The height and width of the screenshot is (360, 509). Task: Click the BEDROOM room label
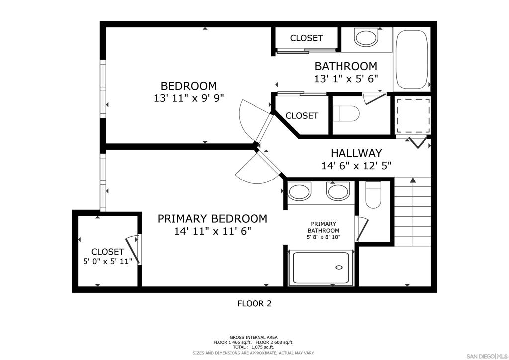[188, 86]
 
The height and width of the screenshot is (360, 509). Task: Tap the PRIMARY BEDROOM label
[212, 219]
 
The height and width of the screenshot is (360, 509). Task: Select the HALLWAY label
[356, 153]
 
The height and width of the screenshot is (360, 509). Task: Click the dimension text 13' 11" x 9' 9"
[189, 98]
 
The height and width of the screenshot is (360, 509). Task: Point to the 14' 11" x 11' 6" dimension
[213, 231]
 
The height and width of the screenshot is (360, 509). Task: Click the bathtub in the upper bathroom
[412, 59]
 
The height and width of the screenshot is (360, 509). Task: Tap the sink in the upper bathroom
[366, 37]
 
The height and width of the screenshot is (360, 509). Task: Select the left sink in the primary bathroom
[299, 192]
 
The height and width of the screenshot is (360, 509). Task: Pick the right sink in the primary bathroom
[338, 192]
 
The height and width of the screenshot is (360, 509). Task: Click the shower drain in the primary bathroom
[339, 267]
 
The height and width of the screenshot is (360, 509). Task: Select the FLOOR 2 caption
[254, 304]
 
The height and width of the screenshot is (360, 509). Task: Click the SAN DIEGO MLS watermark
[487, 356]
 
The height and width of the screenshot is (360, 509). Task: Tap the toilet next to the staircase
[373, 195]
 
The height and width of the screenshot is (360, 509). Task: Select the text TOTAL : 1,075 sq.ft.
[253, 347]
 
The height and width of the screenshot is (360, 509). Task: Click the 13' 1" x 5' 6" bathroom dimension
[346, 79]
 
